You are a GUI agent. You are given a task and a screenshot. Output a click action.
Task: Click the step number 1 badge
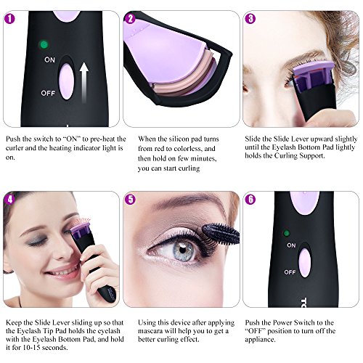click(9, 19)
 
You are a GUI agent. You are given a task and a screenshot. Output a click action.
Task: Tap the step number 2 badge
click(130, 19)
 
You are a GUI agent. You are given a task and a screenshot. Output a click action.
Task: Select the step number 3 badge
click(250, 19)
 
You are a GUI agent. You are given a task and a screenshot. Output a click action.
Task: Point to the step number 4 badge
click(9, 200)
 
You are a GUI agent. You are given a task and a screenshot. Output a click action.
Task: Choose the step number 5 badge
click(130, 200)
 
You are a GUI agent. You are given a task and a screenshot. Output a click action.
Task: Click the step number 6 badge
click(250, 200)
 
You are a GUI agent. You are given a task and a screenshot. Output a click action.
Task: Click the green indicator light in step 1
click(44, 44)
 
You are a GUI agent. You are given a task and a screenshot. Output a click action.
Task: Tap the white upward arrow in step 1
click(84, 82)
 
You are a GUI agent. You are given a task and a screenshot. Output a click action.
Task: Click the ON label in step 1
click(49, 60)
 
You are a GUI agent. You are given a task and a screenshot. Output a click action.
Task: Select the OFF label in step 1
click(48, 93)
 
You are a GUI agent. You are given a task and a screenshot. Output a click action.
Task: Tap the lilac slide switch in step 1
click(66, 82)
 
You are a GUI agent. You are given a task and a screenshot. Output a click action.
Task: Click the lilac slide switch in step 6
click(304, 264)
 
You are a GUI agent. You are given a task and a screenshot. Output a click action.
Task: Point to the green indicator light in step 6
click(287, 233)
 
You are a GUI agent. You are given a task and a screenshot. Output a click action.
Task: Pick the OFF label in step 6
click(290, 272)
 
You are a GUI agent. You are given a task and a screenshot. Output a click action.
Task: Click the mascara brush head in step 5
click(221, 234)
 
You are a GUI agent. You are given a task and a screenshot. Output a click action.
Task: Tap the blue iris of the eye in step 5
click(183, 251)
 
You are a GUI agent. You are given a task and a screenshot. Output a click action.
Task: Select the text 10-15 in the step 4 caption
click(31, 348)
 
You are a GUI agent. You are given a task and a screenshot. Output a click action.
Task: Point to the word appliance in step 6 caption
click(260, 340)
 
